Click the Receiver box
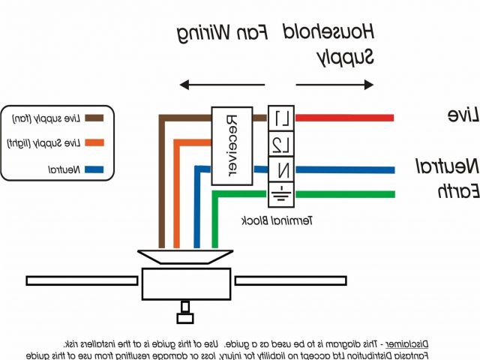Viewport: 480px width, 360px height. coord(231,145)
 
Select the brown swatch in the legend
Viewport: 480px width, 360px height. coord(94,118)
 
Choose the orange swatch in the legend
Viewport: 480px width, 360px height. coord(94,143)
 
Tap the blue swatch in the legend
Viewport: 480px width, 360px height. coord(94,169)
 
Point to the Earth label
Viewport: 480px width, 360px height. coord(458,192)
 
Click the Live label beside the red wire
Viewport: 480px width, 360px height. coord(458,115)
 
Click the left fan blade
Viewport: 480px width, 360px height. coord(83,280)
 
